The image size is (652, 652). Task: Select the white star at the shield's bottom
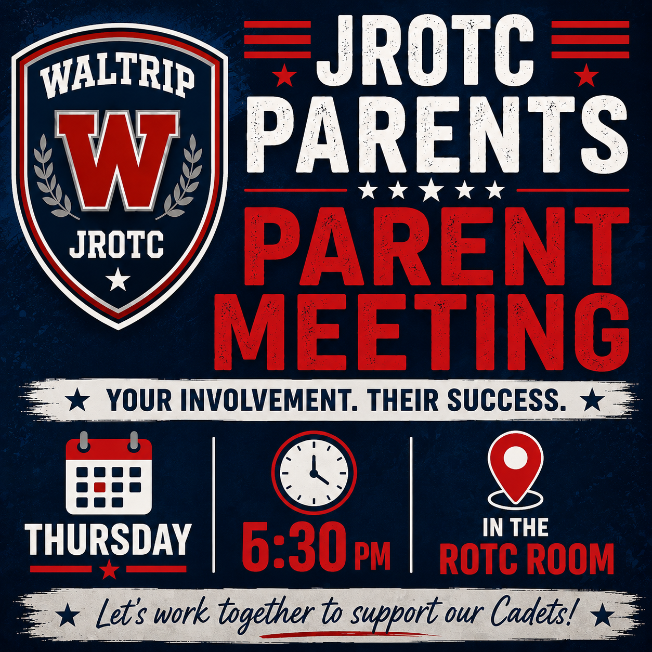(118, 280)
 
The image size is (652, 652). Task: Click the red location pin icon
(515, 473)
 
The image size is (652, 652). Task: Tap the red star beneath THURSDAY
(110, 569)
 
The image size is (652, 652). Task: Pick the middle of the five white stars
(432, 190)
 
